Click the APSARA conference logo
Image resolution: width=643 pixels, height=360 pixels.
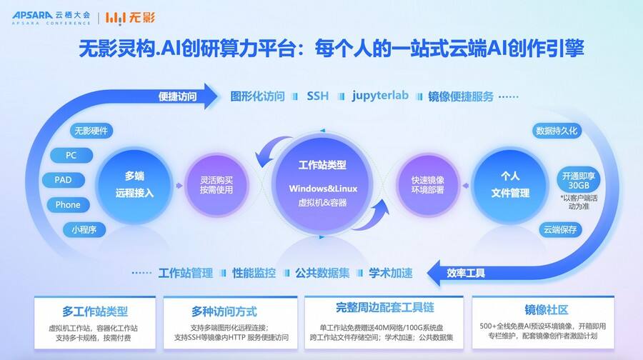(x=51, y=18)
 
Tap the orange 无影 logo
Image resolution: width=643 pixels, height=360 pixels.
(x=130, y=18)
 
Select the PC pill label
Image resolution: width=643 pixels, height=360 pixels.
(x=71, y=156)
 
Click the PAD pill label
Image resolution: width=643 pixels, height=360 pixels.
(x=63, y=180)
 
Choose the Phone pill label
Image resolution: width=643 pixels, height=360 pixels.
(x=68, y=204)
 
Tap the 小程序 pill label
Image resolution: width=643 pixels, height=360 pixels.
(x=84, y=229)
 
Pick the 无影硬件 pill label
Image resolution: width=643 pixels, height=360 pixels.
(x=91, y=131)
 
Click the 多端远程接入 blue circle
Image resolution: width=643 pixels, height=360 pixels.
(x=134, y=185)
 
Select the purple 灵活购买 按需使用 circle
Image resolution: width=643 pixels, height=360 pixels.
(x=216, y=185)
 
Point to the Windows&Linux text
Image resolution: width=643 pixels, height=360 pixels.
(x=323, y=189)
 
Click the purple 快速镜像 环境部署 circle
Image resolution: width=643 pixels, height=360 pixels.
(x=428, y=185)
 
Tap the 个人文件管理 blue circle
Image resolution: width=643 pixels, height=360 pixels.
(x=509, y=185)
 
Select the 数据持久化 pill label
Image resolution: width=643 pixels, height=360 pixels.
(x=557, y=131)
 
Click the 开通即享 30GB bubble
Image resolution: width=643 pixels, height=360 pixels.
(x=578, y=181)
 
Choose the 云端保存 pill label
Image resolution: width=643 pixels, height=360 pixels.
(x=560, y=229)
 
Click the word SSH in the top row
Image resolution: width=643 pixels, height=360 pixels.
(x=318, y=96)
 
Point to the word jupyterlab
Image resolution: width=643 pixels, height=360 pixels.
(x=380, y=96)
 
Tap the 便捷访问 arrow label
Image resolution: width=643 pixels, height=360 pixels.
(x=178, y=96)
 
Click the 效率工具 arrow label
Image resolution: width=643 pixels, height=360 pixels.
(x=466, y=273)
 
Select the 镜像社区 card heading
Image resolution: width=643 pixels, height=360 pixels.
(x=547, y=309)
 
